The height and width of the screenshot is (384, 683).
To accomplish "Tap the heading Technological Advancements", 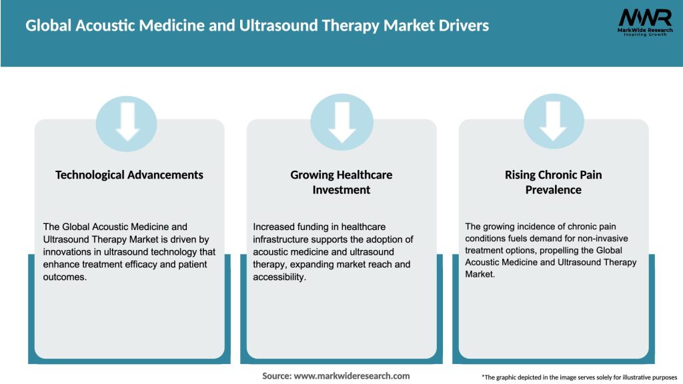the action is tap(129, 175).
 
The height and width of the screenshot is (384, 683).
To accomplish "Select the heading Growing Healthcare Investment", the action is tap(341, 182).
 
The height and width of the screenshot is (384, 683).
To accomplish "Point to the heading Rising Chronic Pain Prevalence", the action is tap(553, 182).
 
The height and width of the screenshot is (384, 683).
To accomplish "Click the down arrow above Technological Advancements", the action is tap(127, 121).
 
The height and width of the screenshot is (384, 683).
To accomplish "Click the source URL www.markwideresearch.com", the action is tap(352, 376).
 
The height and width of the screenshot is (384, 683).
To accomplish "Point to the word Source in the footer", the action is tap(276, 376).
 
